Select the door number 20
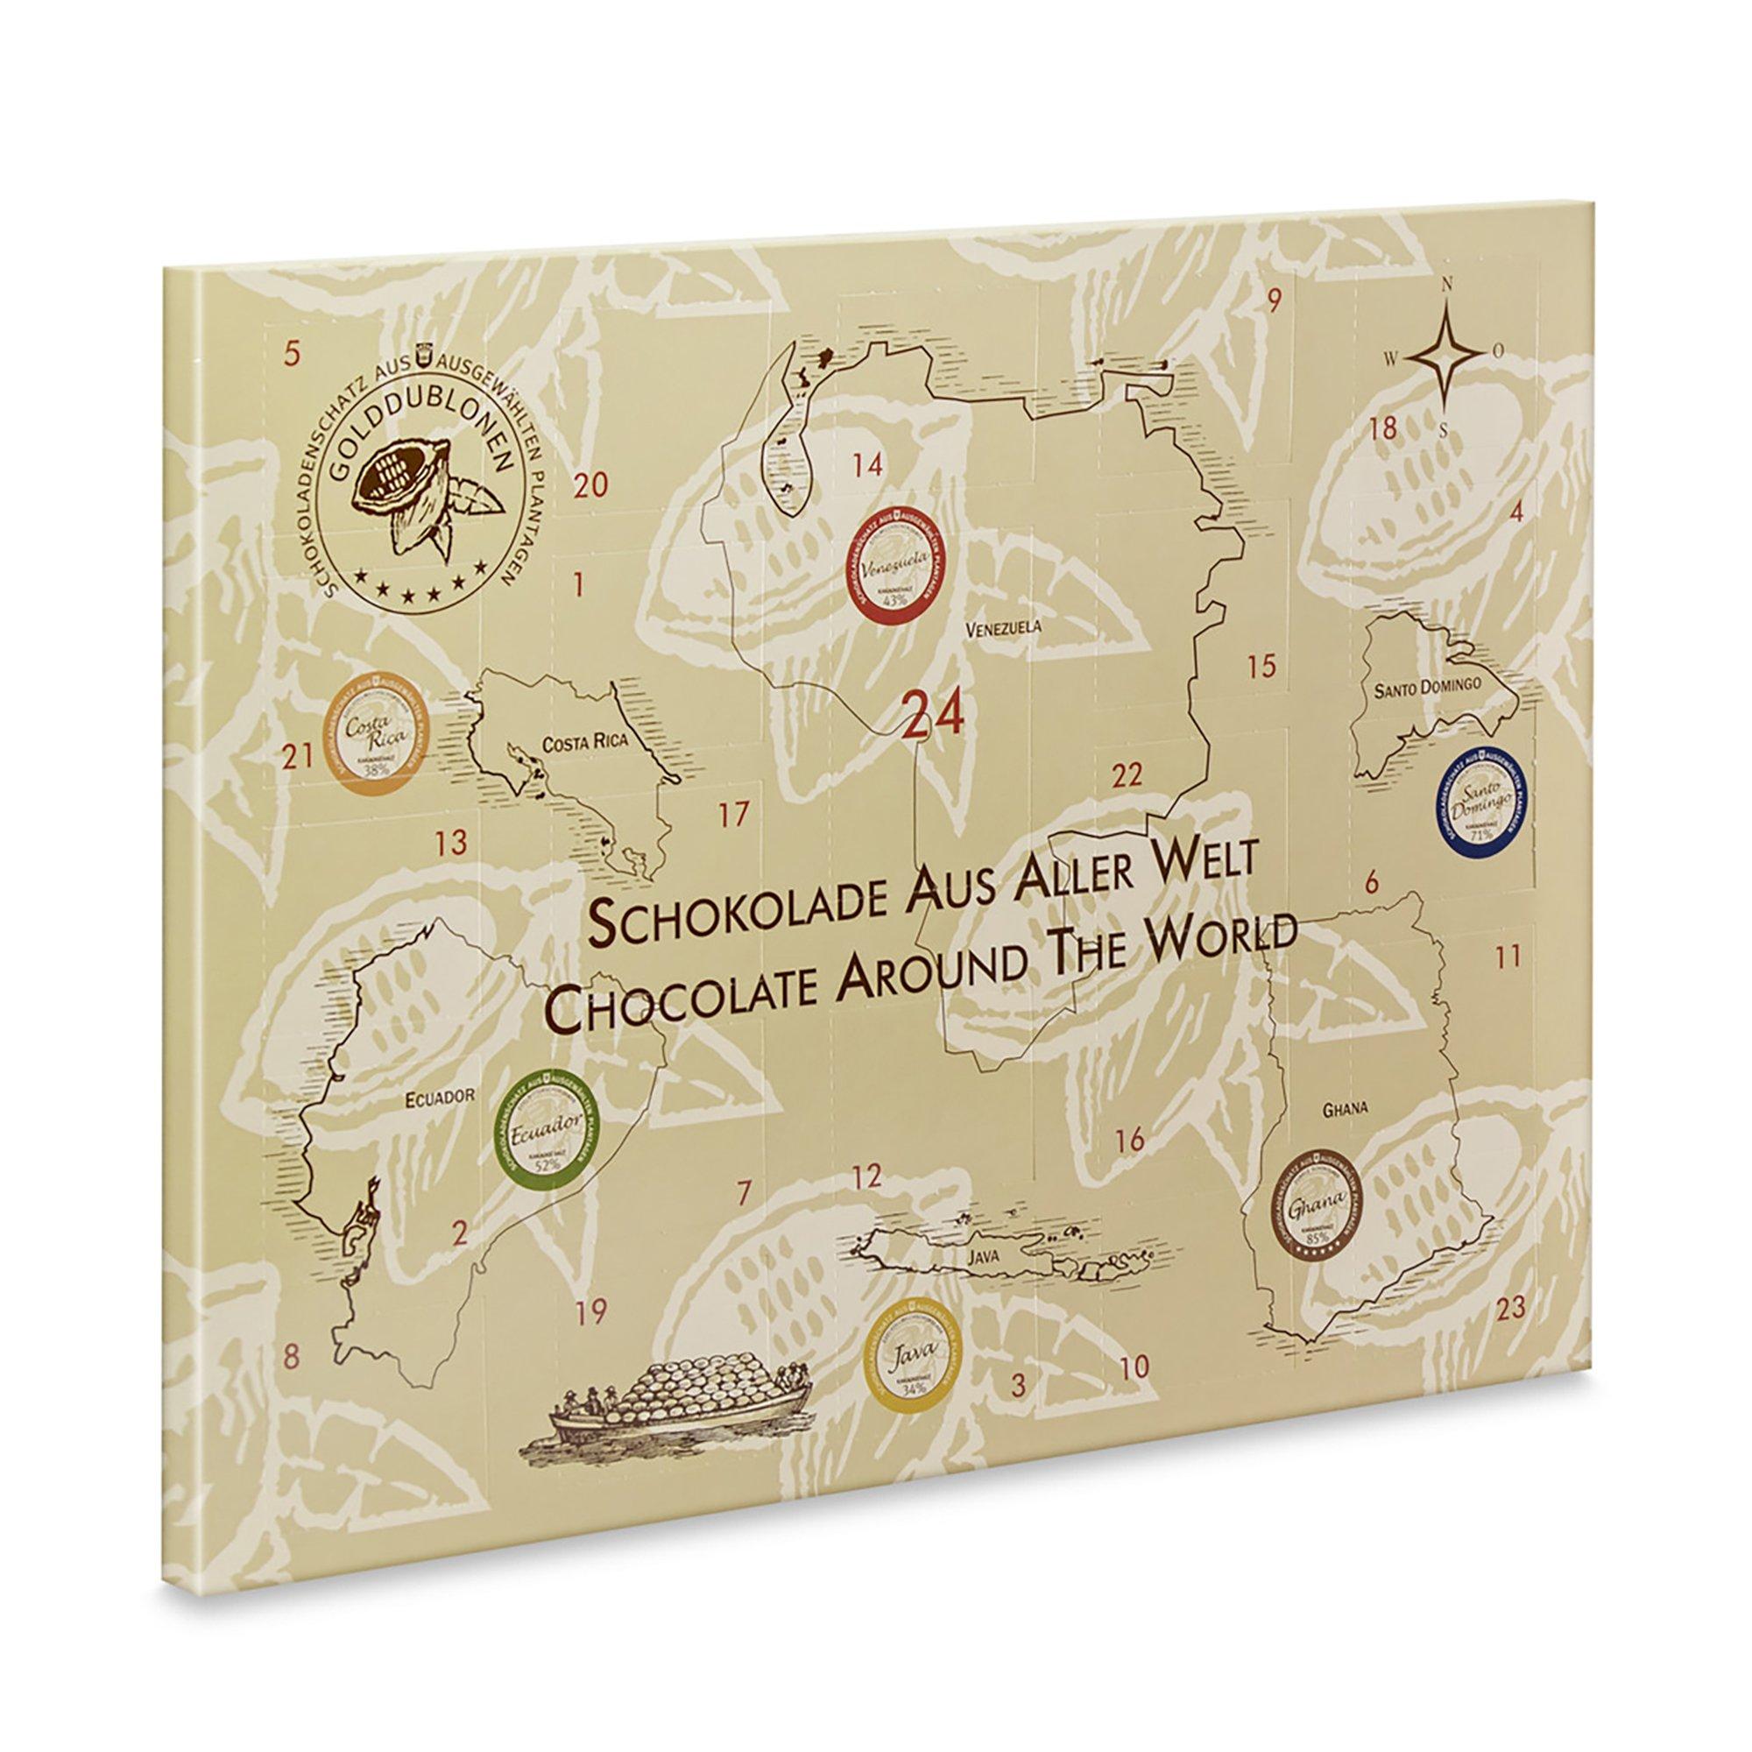click(x=591, y=487)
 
